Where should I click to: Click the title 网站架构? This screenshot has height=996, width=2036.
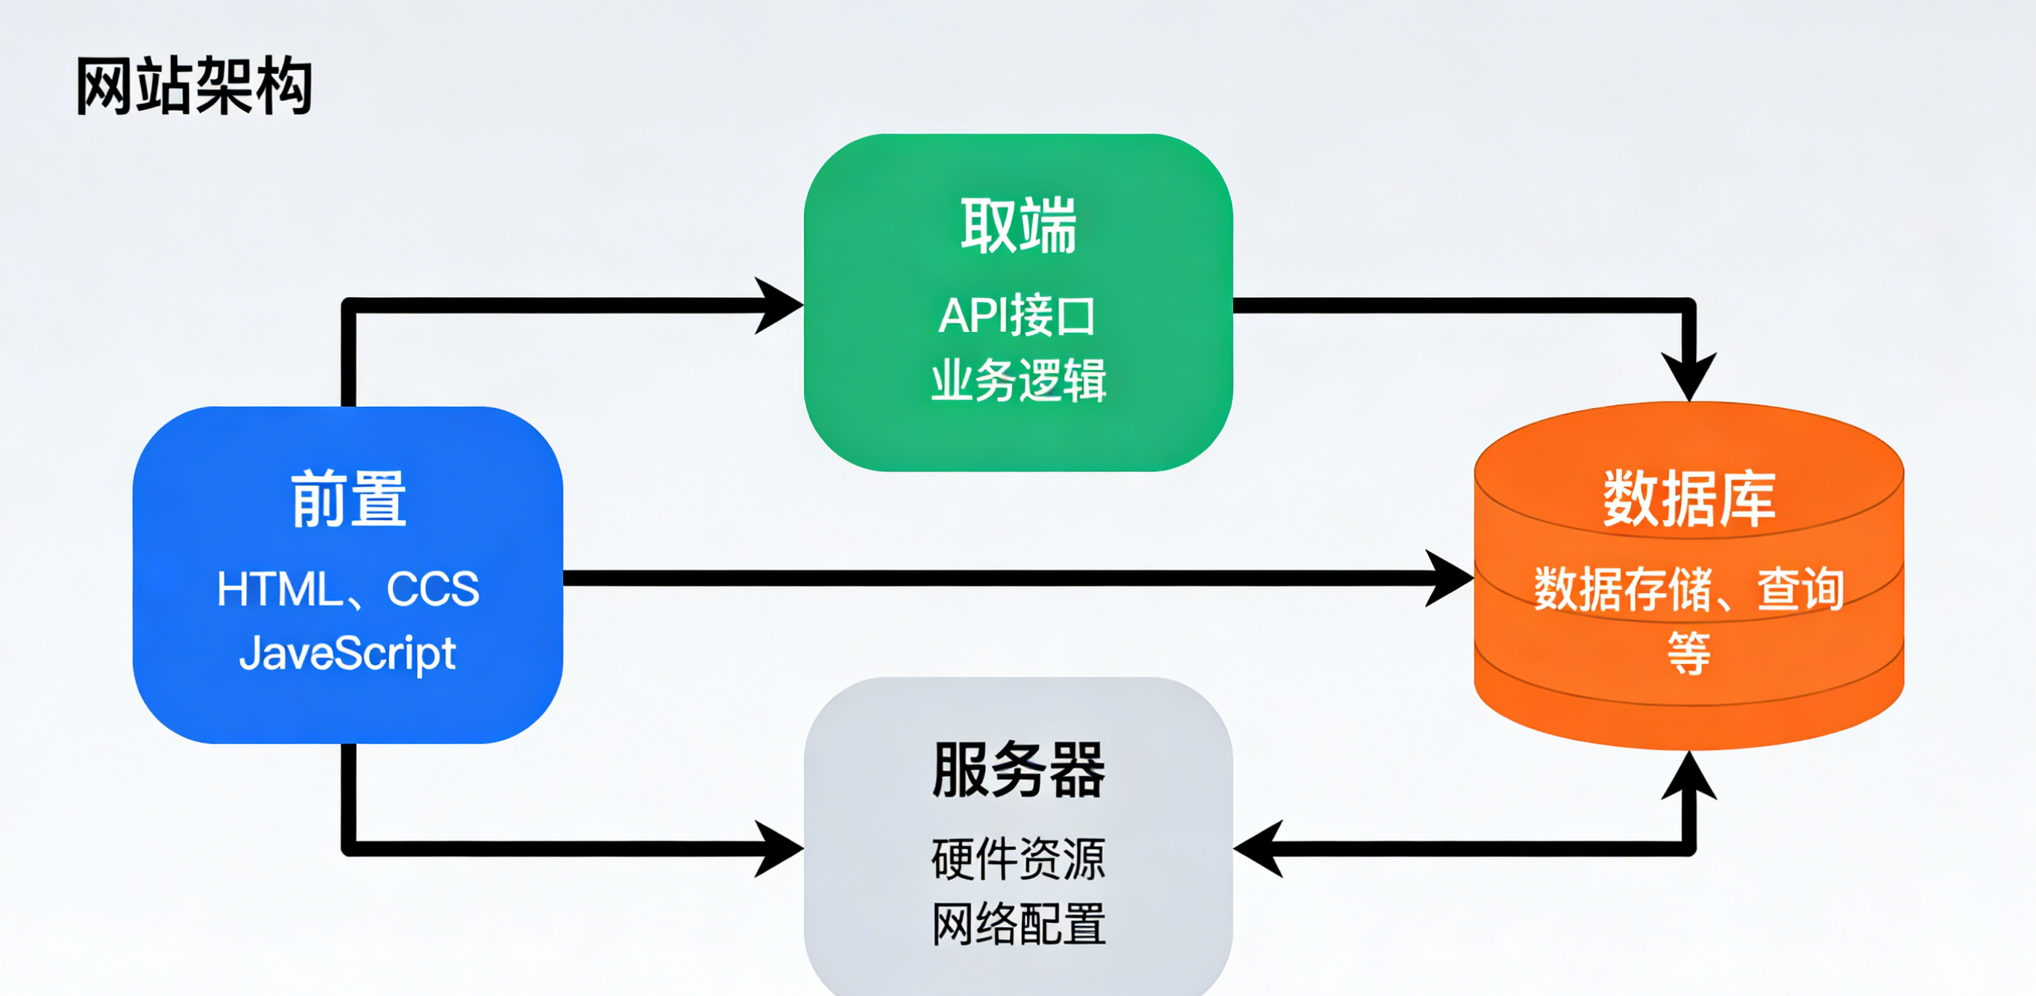[x=194, y=86]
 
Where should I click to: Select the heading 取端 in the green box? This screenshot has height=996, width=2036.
[x=1018, y=227]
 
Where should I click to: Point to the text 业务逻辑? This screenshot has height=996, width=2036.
[x=1018, y=380]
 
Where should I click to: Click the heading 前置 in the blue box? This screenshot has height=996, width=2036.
[x=348, y=499]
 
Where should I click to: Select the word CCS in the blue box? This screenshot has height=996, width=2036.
[x=433, y=589]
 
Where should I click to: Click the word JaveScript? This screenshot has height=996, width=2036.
[x=348, y=654]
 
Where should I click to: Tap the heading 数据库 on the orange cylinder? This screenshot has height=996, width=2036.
[x=1689, y=499]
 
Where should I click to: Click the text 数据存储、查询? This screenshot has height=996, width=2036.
[x=1689, y=589]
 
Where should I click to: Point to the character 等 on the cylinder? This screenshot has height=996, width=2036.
[x=1689, y=653]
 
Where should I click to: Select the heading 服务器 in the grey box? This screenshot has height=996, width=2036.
[x=1018, y=770]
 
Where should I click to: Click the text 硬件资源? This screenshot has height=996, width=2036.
[x=1018, y=859]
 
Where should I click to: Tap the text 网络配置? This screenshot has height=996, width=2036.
[x=1018, y=924]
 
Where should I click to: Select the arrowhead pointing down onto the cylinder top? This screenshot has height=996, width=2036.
[x=1689, y=376]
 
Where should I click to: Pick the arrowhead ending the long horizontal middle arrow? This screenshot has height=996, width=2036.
[x=1450, y=579]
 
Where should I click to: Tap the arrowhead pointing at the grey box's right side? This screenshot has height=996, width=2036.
[x=1258, y=849]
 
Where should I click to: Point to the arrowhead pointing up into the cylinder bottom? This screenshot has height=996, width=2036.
[x=1689, y=775]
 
